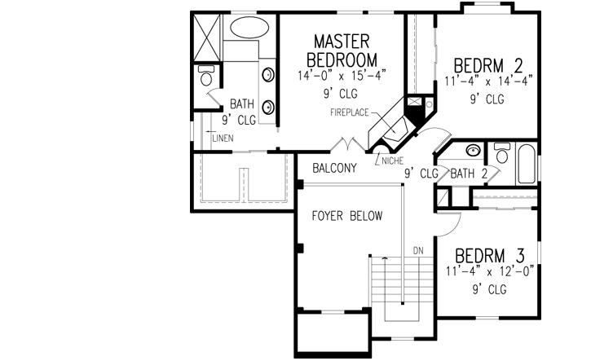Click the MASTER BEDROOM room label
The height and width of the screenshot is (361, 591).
click(342, 51)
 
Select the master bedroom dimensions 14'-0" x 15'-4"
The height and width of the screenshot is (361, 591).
click(342, 75)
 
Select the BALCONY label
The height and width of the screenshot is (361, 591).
click(334, 169)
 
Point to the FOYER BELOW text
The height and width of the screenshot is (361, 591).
click(347, 216)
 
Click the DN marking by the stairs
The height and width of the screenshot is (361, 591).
click(418, 249)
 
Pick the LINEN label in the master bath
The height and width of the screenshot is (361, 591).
click(223, 138)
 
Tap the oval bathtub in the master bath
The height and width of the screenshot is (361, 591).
click(253, 27)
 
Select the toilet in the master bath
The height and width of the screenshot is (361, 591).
click(205, 79)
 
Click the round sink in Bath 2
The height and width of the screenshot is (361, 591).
click(472, 151)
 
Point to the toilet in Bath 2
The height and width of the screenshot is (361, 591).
click(501, 154)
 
